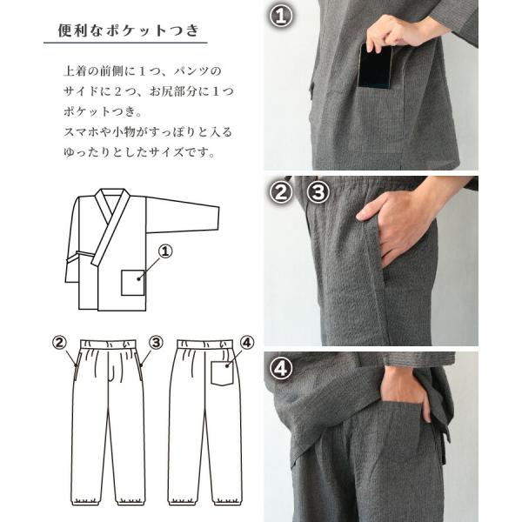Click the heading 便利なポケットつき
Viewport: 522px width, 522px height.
[x=129, y=30]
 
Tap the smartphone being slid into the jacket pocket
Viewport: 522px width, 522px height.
[x=375, y=67]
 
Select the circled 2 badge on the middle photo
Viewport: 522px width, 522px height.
[x=281, y=192]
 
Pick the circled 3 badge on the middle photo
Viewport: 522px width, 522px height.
[x=318, y=192]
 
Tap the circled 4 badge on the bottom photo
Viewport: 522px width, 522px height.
[x=281, y=368]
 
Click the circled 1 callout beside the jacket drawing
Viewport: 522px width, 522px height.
[x=165, y=251]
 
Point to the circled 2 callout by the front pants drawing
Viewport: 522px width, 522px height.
[x=59, y=343]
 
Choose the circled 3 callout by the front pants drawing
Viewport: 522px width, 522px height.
[x=156, y=343]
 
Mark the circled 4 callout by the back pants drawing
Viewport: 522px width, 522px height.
[x=247, y=343]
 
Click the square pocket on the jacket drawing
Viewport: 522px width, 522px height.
[x=132, y=283]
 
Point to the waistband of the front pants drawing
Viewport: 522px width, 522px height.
[x=108, y=344]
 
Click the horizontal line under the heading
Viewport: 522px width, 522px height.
[x=125, y=43]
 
